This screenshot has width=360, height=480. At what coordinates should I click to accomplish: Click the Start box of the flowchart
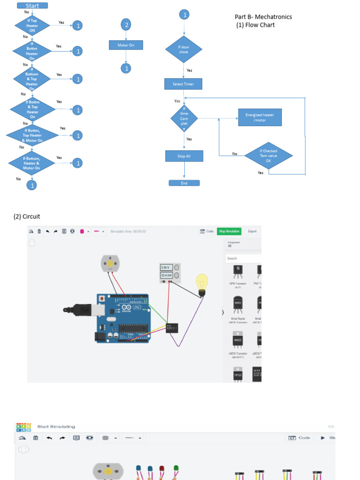coord(32,6)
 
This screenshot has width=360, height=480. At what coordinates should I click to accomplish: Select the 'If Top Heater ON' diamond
coord(32,25)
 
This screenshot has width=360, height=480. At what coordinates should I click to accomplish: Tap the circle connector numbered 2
coord(126,25)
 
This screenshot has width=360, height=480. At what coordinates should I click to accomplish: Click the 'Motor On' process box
coord(126,45)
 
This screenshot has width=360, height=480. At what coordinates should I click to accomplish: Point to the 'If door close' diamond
coord(184,49)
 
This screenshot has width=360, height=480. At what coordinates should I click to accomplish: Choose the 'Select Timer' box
coord(183,84)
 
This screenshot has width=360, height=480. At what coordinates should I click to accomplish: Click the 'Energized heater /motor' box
coord(260,117)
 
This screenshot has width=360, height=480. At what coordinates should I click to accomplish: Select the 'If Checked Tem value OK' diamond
coord(268,156)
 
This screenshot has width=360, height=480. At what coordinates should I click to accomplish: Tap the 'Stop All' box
coord(184,156)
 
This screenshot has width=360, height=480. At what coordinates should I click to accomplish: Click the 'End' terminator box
coord(184,183)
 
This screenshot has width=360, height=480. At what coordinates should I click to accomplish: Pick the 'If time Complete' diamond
coord(184,119)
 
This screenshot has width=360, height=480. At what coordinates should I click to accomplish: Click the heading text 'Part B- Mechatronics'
coord(263,17)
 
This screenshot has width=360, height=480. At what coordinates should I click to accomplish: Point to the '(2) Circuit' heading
coord(27,217)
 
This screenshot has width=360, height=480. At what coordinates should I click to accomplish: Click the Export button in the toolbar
coord(252,231)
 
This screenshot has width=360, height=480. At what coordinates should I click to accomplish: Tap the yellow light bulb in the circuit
coord(202,284)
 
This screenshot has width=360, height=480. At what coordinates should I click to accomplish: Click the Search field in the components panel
coord(243,258)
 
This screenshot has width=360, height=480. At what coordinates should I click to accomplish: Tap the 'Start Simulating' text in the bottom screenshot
coord(56,427)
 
